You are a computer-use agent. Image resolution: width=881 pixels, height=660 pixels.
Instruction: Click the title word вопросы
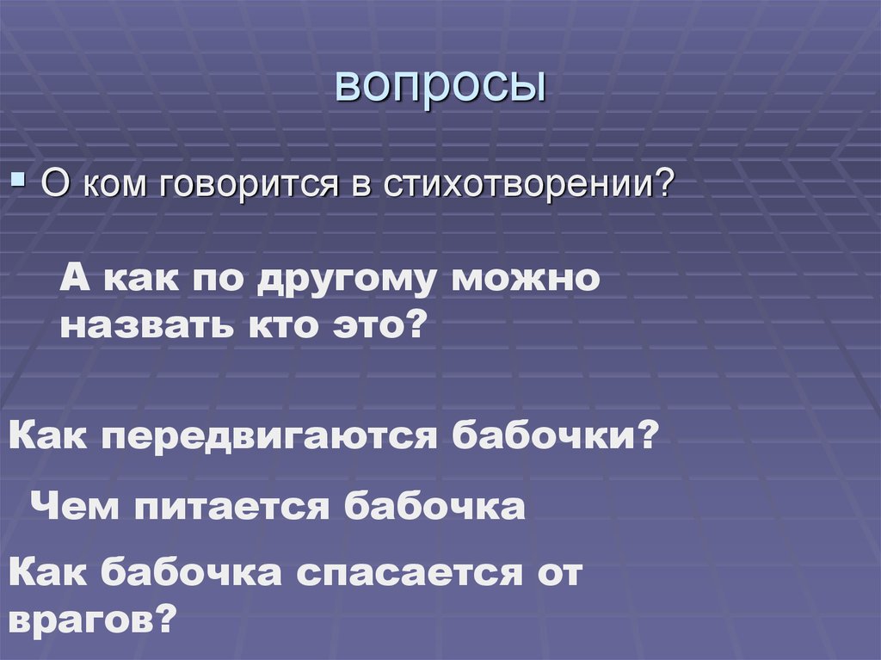[440, 88]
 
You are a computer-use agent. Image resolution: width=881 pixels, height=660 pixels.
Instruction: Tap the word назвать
[144, 328]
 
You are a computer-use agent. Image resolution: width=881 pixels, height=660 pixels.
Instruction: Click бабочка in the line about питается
[435, 505]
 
